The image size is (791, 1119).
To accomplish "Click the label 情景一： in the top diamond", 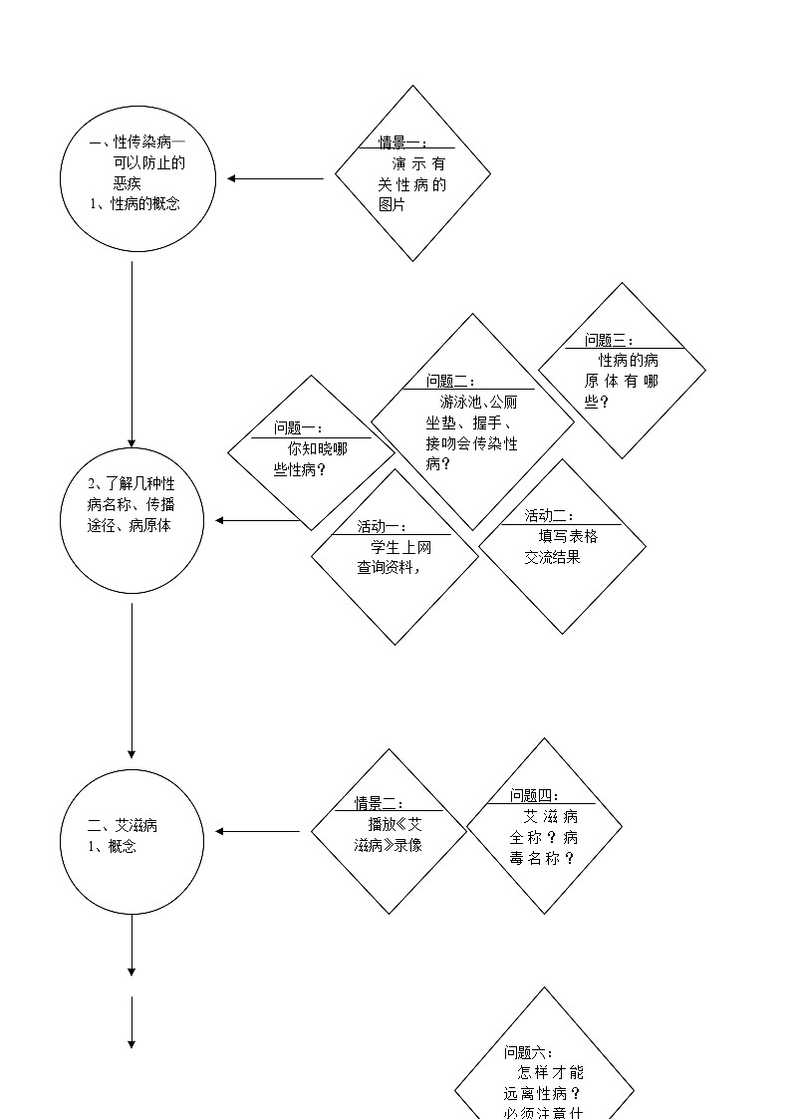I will tap(402, 142).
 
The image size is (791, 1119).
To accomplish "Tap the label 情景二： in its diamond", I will tap(380, 803).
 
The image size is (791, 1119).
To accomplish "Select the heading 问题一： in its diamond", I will tap(299, 428).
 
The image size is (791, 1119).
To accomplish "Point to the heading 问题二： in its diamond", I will tap(451, 381).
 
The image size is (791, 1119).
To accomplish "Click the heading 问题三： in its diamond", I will tap(609, 341).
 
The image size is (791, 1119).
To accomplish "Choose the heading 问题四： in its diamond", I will tap(535, 795).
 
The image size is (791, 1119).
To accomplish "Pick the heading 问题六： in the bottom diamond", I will tap(529, 1052).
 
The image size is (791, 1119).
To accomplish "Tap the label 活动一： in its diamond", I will tap(383, 526).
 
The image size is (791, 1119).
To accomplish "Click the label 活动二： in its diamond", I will tap(550, 515).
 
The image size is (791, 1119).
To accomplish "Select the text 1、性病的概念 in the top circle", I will tap(135, 203).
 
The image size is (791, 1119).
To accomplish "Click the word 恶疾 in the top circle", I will tap(128, 183).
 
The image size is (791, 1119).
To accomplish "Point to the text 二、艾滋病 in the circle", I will tap(123, 825).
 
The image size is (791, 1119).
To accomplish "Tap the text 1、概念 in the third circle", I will tap(113, 846).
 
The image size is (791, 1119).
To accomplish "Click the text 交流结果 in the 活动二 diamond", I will tap(553, 557).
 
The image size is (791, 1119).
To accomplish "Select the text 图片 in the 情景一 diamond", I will tap(393, 204).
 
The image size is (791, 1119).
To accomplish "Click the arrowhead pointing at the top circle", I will tap(232, 179).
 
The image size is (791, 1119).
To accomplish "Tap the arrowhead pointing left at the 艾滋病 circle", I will tap(221, 831).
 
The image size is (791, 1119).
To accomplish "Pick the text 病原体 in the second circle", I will tap(149, 525).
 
